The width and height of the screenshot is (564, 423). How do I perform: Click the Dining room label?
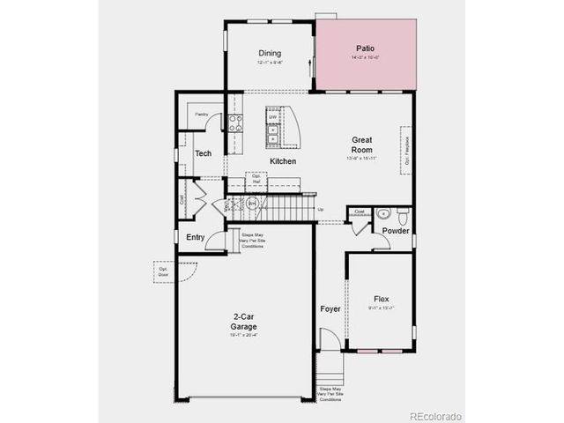coord(269,53)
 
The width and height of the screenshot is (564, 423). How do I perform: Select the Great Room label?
coord(362,145)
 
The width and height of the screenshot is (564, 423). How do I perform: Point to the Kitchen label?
coord(283,161)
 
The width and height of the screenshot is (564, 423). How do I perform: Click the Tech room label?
coord(203,153)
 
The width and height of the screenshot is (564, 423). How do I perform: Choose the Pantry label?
coord(202,114)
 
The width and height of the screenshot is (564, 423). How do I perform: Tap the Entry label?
coord(195,237)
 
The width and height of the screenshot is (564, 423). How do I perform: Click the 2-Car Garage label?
coord(244,322)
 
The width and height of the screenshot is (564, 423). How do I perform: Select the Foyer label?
coord(330,309)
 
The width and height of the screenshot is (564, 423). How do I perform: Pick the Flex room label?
coord(382,298)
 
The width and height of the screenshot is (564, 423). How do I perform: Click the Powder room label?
coord(395,231)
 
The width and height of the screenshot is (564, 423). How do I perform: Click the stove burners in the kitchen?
coord(236,123)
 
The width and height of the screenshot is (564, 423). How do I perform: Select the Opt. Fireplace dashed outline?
coord(407,151)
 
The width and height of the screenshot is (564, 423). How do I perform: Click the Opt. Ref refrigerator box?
coord(256,181)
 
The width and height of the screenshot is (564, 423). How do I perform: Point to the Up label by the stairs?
coord(320,209)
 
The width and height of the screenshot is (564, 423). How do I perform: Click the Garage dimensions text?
coord(244,335)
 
